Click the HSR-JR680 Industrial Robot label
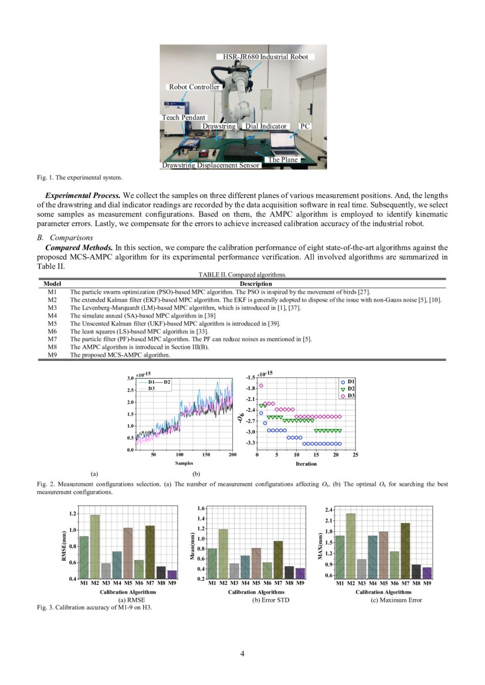click(265, 56)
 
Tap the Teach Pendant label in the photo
click(184, 117)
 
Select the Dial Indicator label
click(266, 126)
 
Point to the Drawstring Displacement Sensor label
click(211, 166)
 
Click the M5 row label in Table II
click(52, 323)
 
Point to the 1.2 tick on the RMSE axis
click(73, 514)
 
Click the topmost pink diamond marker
click(261, 386)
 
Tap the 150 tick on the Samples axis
click(206, 455)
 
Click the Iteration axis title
click(306, 464)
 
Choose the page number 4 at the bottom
click(242, 653)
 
